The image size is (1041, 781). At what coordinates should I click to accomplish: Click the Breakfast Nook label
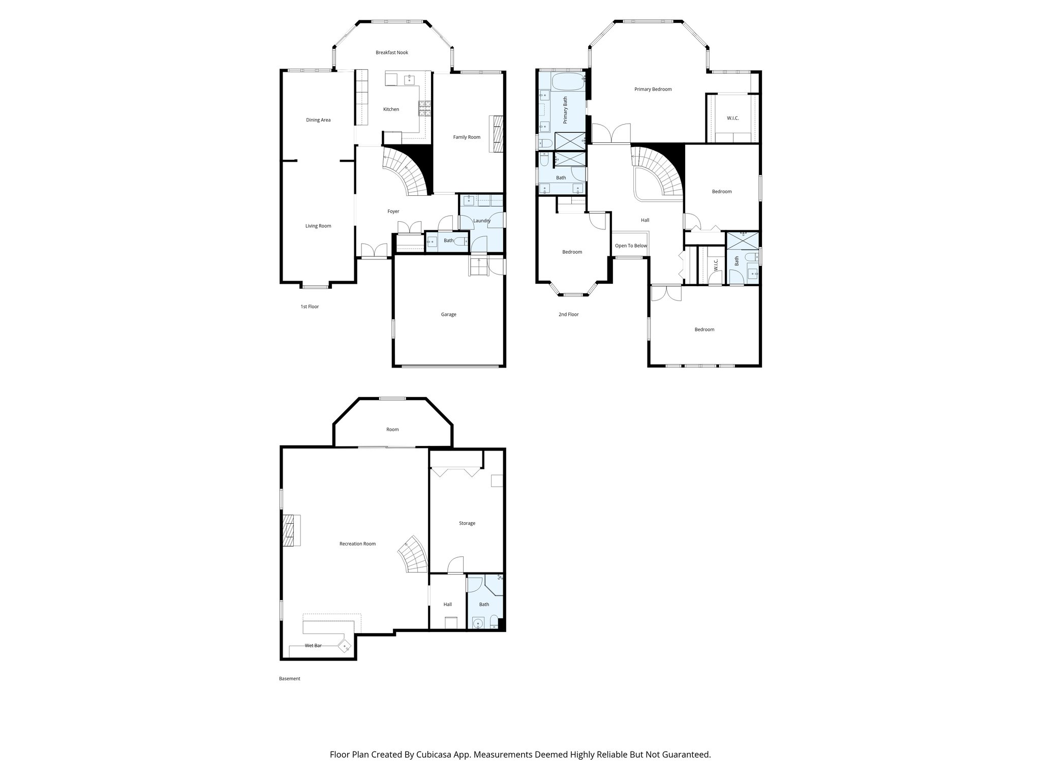pos(391,52)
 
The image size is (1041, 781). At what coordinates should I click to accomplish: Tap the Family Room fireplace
pos(497,134)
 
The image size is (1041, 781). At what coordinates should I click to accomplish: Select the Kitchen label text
pos(391,109)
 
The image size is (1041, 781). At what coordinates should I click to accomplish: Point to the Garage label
pos(448,314)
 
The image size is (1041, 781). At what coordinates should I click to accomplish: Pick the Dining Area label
pos(318,120)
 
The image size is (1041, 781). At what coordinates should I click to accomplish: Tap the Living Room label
pos(318,226)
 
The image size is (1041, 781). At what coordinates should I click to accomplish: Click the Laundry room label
pos(481,221)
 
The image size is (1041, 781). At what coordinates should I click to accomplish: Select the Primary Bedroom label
pos(653,89)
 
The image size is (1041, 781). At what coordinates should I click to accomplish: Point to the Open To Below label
pos(631,246)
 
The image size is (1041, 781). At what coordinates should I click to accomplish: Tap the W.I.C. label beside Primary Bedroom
pos(732,118)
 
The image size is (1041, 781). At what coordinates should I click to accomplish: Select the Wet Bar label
pos(313,646)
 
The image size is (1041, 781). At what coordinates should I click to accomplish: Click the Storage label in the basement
pos(467,523)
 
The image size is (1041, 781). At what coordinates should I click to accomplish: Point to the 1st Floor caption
pos(310,307)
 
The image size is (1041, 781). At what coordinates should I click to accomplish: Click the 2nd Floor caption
pos(568,314)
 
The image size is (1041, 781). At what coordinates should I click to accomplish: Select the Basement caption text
pos(290,678)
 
